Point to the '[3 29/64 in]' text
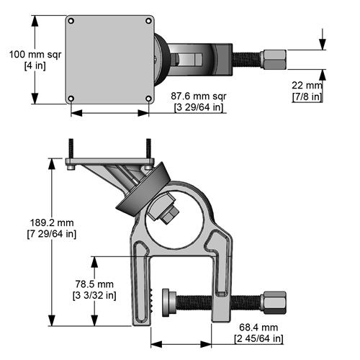[199, 108]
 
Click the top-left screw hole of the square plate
[71, 19]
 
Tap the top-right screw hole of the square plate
[148, 19]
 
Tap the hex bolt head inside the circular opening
[171, 213]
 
